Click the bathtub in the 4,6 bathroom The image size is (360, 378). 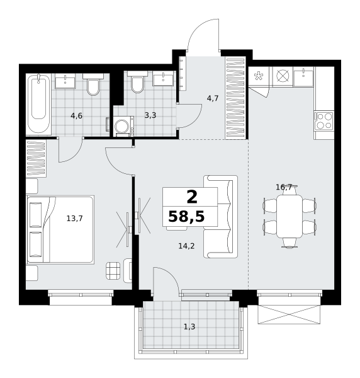(38, 104)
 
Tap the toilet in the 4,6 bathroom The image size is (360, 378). (93, 84)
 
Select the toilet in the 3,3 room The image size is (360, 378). (137, 82)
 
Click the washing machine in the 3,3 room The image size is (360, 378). (123, 127)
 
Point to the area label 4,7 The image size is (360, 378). (213, 98)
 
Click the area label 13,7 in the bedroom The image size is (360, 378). (75, 219)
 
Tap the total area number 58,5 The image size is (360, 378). (186, 216)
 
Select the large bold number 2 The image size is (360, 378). (192, 197)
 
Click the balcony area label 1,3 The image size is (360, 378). (189, 327)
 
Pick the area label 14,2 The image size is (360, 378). (186, 246)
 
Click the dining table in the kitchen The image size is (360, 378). (290, 216)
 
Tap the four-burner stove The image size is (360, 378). (324, 121)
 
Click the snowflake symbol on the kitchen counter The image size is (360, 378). (259, 76)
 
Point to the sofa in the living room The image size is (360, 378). (220, 217)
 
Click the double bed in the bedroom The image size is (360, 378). (60, 229)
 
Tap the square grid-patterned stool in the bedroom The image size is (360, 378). (113, 270)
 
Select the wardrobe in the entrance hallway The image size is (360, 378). (235, 98)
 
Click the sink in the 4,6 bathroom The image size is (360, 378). (65, 81)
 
